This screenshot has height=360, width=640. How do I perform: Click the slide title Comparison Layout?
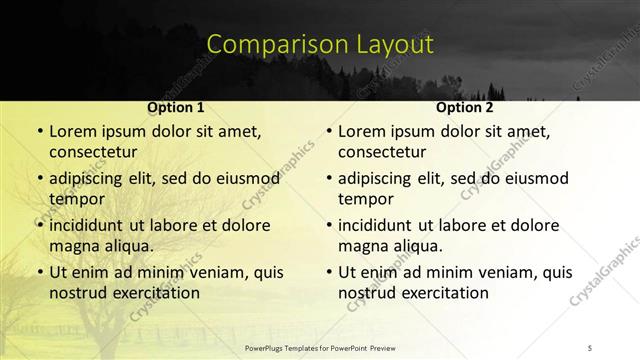pos(320,44)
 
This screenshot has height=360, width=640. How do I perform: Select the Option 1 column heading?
pos(175,106)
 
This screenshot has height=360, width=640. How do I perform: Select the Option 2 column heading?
pos(464,106)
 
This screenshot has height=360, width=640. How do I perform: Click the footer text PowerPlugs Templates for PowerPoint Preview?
pos(320,348)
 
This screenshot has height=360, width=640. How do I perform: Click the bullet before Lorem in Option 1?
pos(39,131)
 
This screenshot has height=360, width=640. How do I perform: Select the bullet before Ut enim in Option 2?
pos(328,272)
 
